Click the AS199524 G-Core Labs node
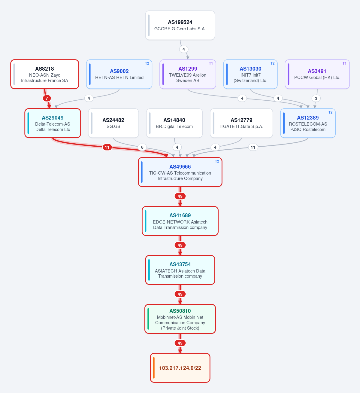coord(180,25)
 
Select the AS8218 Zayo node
coord(45,74)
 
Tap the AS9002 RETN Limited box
coord(119,74)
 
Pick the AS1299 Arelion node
coord(188,74)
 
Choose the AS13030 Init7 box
coord(250,74)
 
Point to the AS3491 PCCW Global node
coord(317,74)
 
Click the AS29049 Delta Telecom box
coord(53,123)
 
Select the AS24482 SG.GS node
coord(113,123)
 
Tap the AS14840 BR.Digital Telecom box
coord(174,123)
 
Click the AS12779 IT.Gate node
coord(241,123)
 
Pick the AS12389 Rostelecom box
coord(308,123)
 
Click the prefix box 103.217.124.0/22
coord(180,368)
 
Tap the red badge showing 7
coord(47,98)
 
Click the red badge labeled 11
coord(107,147)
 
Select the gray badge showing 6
coord(142,147)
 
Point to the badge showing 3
coord(316,98)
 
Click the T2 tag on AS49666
coord(217,161)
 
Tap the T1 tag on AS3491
coord(344,63)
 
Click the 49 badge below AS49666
coord(180,196)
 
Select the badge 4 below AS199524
coord(183,49)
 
